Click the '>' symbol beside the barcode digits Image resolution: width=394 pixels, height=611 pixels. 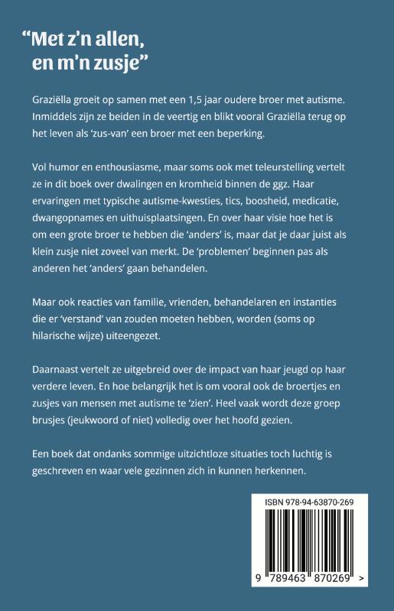(360, 580)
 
